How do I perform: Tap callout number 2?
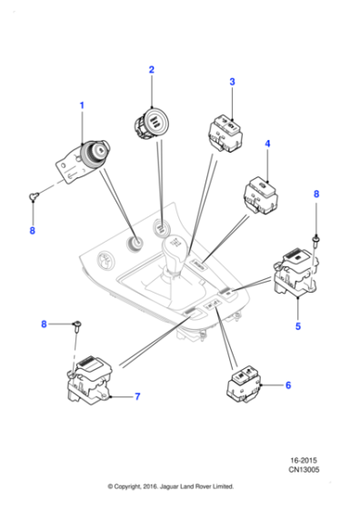(152, 70)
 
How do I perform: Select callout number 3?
(232, 82)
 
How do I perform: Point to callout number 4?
(267, 145)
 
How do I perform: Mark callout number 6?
(288, 385)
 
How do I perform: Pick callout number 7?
(137, 396)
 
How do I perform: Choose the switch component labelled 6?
(244, 386)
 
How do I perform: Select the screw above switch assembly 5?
(315, 238)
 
